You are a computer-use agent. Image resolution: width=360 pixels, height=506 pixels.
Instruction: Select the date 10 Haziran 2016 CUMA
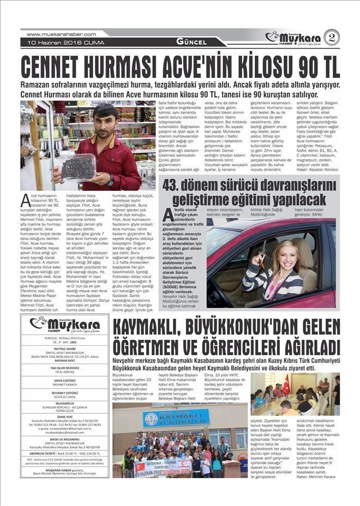coord(58,42)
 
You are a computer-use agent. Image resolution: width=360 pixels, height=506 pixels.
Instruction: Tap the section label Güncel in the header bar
coord(191,42)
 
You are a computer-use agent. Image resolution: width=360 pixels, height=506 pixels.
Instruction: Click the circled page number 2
coord(332,37)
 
